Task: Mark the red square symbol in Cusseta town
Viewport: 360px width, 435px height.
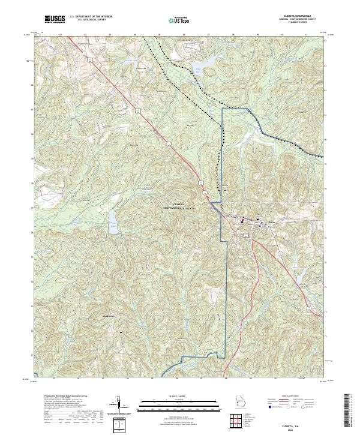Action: (242, 220)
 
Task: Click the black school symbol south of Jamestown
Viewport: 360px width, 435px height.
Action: (122, 332)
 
